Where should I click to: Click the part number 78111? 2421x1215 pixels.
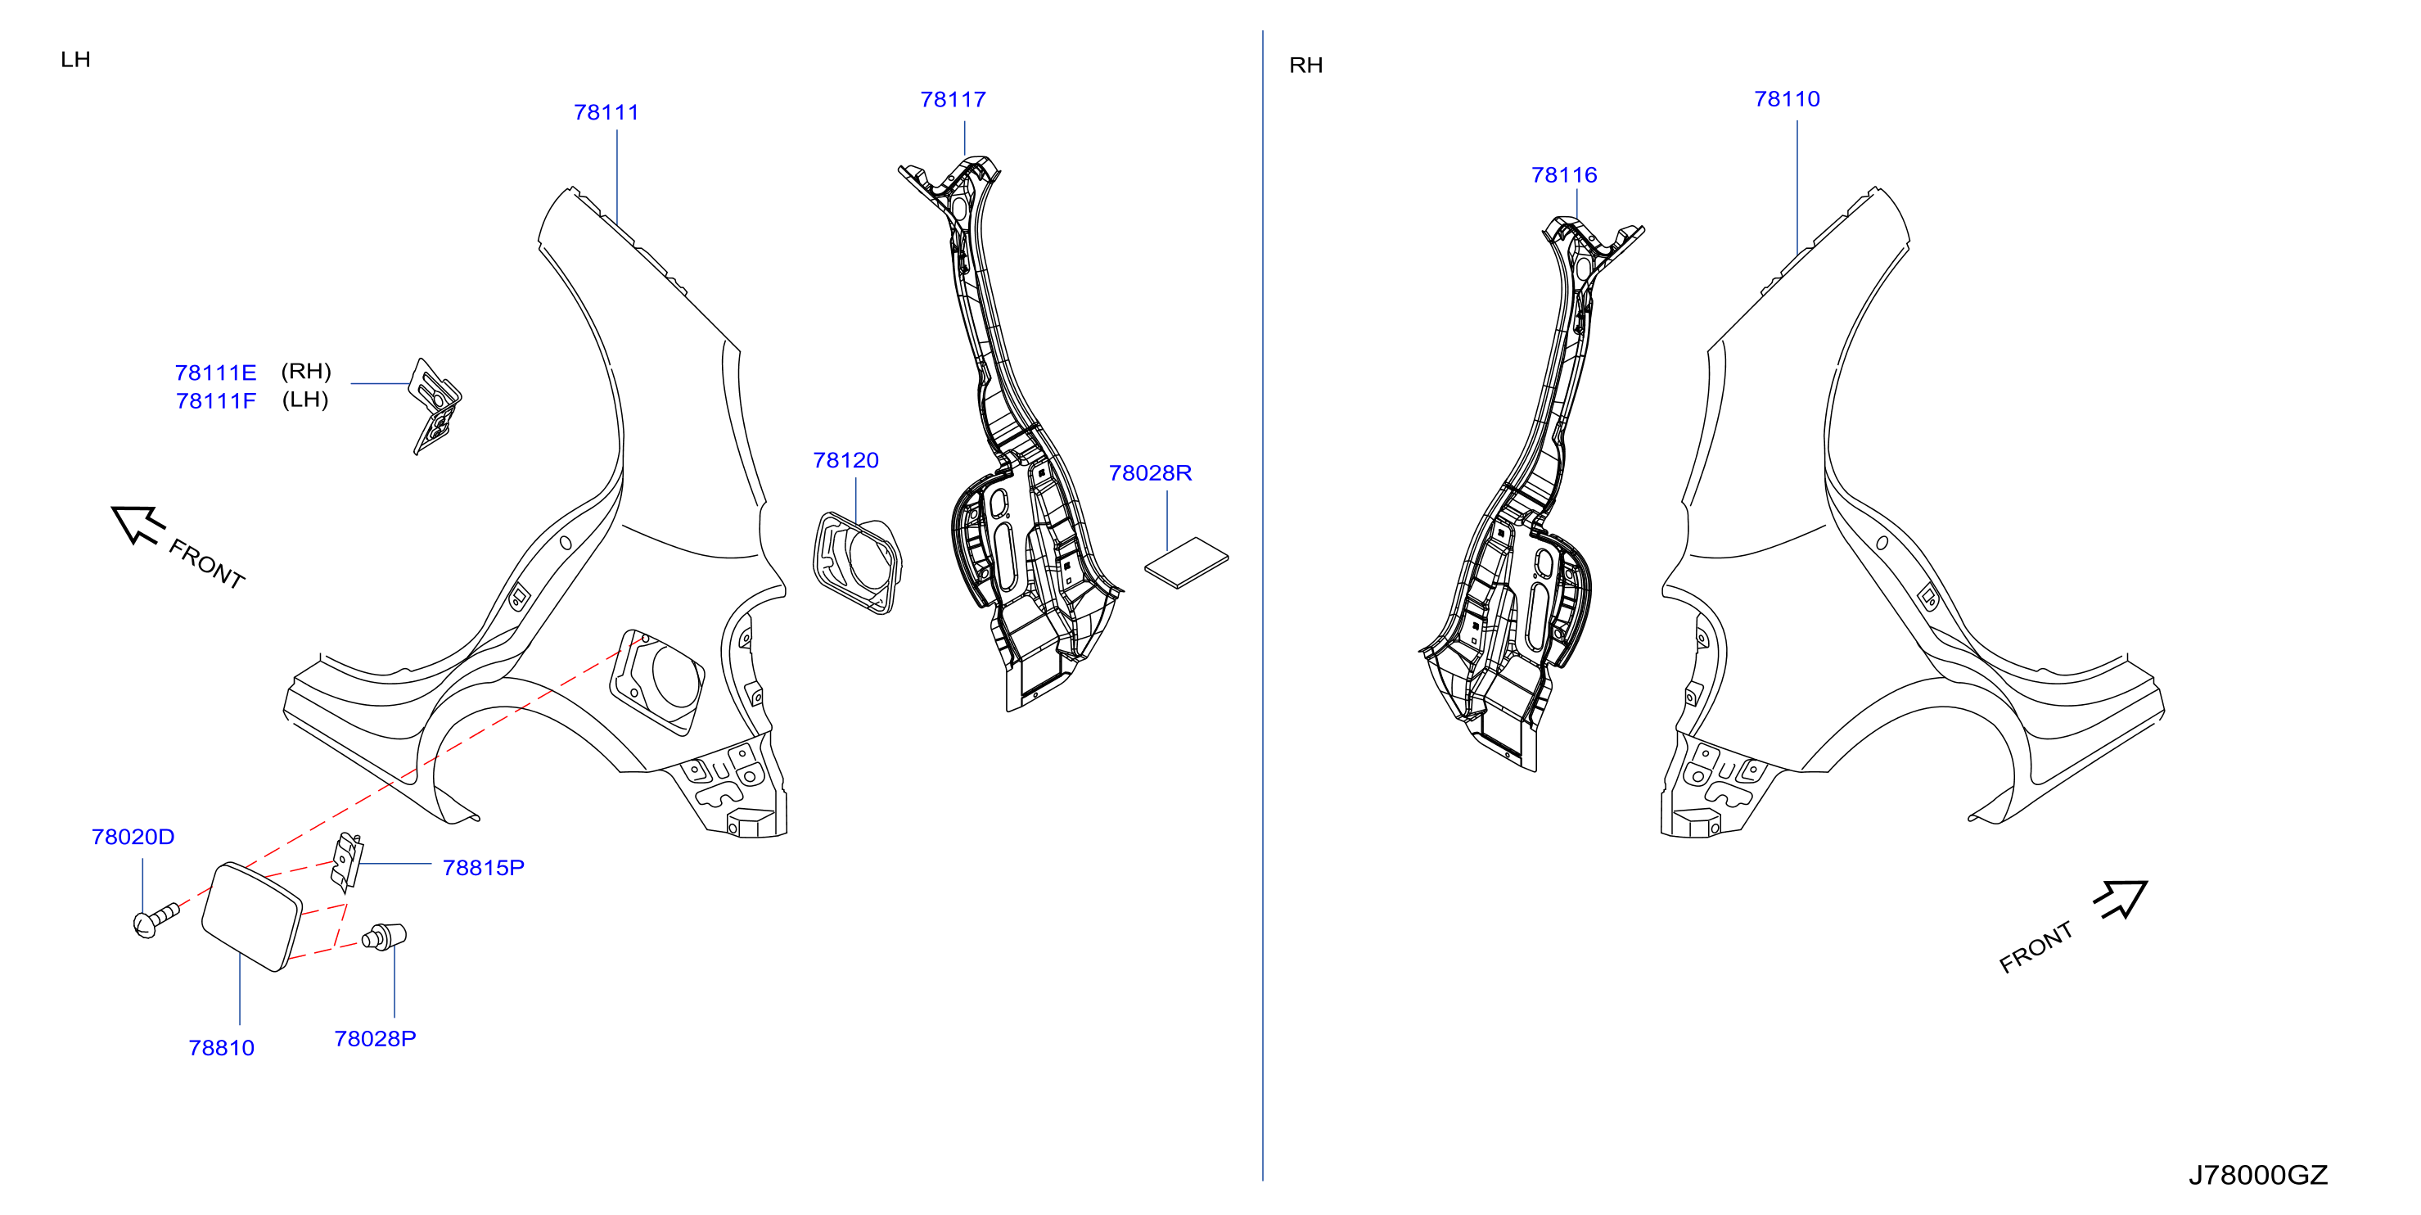coord(606,113)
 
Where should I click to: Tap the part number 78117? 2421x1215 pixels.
coord(953,100)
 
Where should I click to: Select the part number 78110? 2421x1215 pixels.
coord(1787,99)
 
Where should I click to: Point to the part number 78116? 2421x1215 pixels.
coord(1564,175)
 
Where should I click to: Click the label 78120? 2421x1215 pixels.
coord(845,461)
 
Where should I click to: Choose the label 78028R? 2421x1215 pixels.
coord(1151,473)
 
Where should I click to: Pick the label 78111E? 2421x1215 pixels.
coord(215,373)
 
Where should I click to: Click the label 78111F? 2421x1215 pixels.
coord(215,401)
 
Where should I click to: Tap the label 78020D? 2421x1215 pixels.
coord(133,837)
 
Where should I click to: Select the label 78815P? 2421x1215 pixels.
coord(483,868)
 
